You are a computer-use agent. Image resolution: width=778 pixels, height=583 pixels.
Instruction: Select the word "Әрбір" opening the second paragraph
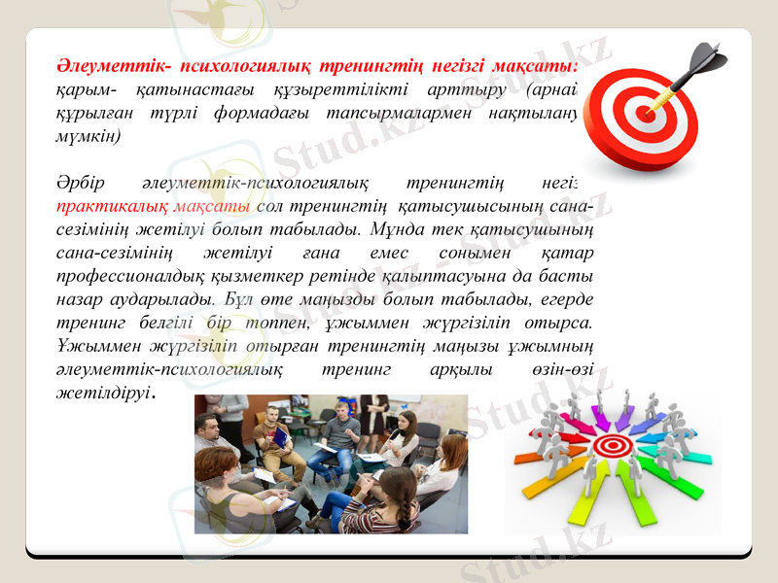76,183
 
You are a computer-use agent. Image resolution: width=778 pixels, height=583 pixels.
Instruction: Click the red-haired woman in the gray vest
444,466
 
